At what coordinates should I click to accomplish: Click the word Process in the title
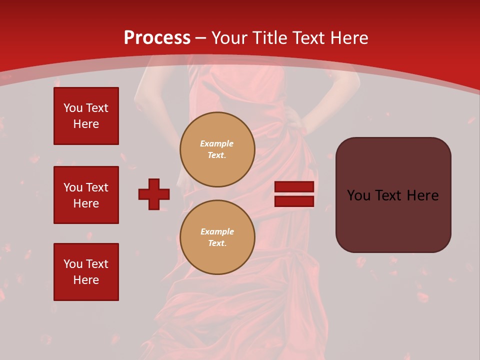157,38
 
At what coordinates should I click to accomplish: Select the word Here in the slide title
348,38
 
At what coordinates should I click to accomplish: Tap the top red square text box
86,116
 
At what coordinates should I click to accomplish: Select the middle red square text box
86,195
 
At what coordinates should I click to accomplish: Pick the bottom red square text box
86,272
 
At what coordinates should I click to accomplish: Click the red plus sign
154,194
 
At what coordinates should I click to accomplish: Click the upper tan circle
217,149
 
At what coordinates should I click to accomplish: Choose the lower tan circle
217,237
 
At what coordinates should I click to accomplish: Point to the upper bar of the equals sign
294,187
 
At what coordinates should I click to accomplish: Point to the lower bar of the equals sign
294,201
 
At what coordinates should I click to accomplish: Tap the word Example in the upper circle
217,143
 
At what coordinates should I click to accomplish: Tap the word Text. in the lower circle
217,243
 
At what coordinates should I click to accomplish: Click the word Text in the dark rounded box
392,195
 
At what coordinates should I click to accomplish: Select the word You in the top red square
72,108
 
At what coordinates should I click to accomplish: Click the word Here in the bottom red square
86,280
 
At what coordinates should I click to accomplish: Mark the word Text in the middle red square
97,187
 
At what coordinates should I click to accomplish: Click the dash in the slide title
201,38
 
